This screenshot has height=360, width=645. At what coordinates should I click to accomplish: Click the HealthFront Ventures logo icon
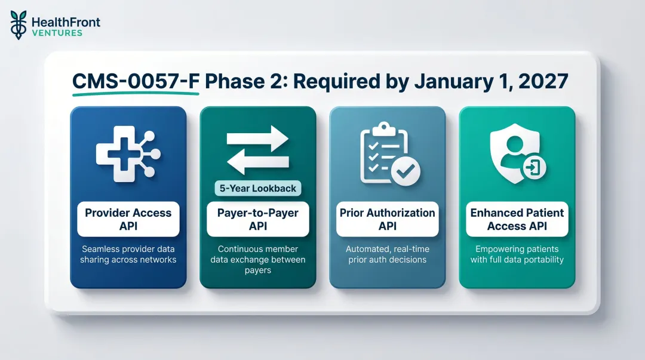(19, 25)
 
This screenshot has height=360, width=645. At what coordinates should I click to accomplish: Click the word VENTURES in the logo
(57, 33)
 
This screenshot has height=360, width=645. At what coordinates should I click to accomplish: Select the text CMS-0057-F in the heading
(136, 81)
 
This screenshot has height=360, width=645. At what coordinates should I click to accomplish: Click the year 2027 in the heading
(544, 81)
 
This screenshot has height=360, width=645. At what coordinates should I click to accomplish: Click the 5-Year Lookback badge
(258, 188)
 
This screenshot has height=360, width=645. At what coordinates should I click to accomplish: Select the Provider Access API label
(128, 219)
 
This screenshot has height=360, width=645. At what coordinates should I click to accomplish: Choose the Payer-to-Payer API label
(257, 219)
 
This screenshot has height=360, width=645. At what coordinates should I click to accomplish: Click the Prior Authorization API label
(387, 219)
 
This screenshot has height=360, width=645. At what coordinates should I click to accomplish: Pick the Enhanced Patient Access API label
(517, 219)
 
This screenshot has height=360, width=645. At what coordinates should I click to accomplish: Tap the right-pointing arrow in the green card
(258, 139)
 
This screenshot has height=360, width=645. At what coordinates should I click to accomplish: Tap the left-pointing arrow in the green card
(258, 162)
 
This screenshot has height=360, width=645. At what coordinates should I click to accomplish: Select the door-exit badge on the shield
(533, 168)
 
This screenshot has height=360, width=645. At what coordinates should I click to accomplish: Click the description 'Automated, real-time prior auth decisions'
(387, 254)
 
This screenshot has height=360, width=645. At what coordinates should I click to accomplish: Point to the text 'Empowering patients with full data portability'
(517, 254)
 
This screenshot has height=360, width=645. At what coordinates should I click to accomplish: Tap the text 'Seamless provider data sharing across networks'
(128, 254)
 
